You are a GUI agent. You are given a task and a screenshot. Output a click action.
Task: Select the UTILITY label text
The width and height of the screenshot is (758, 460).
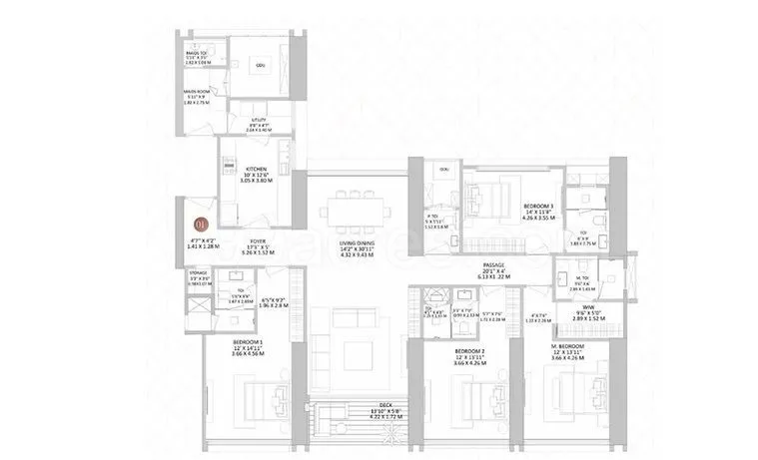pos(261,118)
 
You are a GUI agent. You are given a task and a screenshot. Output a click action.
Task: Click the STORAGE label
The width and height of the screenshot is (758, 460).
pos(197,272)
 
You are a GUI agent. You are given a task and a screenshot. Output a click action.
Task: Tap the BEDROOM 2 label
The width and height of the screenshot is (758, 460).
pos(469,351)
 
